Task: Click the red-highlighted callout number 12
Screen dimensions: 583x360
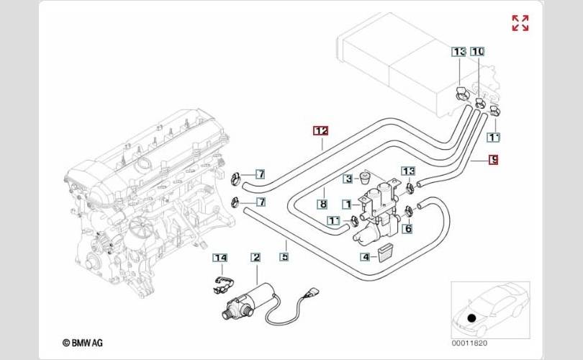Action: click(321, 131)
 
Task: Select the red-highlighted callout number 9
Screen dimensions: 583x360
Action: click(494, 160)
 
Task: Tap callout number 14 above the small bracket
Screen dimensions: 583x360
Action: click(220, 258)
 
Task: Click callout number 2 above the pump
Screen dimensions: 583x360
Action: click(256, 257)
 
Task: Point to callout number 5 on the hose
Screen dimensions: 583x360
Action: click(284, 256)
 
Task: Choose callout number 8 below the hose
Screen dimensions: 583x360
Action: click(323, 204)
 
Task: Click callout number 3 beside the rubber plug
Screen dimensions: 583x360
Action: click(348, 179)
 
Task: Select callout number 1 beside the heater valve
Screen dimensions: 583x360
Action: click(347, 204)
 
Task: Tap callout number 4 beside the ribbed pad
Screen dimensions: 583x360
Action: click(366, 256)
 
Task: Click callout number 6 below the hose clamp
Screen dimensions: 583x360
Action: click(408, 228)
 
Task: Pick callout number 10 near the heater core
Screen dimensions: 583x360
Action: click(477, 51)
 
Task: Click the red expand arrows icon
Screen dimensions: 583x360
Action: click(520, 23)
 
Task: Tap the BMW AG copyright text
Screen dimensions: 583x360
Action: click(83, 343)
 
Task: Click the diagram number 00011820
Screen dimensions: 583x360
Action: click(469, 343)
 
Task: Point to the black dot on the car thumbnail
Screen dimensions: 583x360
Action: click(472, 318)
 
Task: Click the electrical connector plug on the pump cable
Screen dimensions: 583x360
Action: click(311, 292)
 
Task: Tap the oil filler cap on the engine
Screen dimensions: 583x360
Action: click(142, 163)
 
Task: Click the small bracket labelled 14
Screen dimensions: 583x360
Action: click(222, 284)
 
